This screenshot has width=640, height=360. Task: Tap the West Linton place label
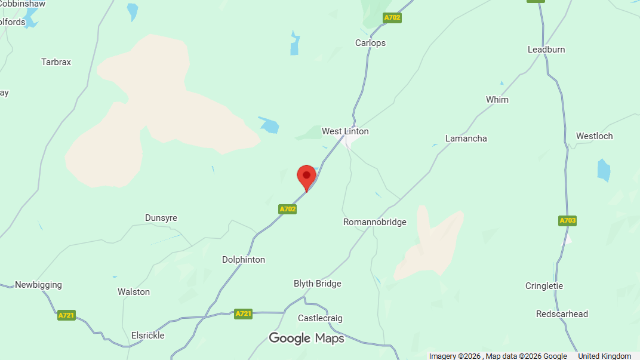345,131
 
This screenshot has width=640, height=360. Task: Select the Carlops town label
370,43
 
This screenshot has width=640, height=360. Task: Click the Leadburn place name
546,50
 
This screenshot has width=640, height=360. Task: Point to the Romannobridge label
374,222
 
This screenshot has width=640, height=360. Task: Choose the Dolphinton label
244,260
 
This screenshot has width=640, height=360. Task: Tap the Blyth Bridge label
317,284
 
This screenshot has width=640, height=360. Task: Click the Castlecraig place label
320,318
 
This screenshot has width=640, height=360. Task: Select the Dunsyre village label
161,218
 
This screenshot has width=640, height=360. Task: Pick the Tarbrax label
56,62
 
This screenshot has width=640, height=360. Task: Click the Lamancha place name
466,139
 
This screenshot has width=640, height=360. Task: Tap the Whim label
497,100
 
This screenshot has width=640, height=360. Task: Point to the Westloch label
594,136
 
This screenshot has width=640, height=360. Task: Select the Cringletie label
544,286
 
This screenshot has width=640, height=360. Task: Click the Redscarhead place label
562,314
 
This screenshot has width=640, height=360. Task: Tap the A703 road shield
568,221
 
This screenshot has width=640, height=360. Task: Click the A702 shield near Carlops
392,18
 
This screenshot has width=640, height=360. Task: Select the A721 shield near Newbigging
66,315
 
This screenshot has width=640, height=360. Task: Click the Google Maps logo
306,339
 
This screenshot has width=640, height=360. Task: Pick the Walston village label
134,292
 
